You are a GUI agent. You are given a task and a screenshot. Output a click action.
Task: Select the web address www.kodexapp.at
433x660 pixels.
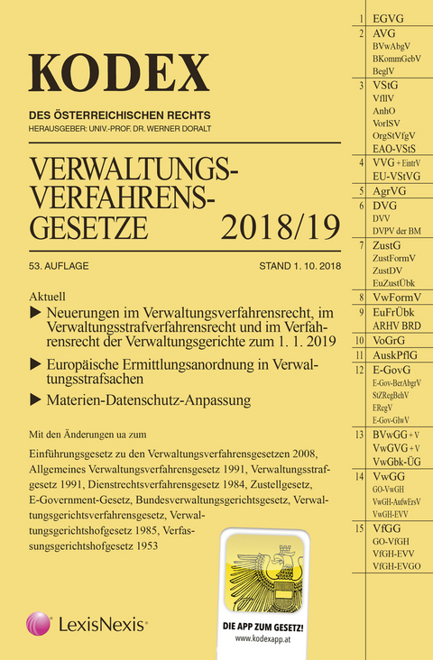[268, 636]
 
